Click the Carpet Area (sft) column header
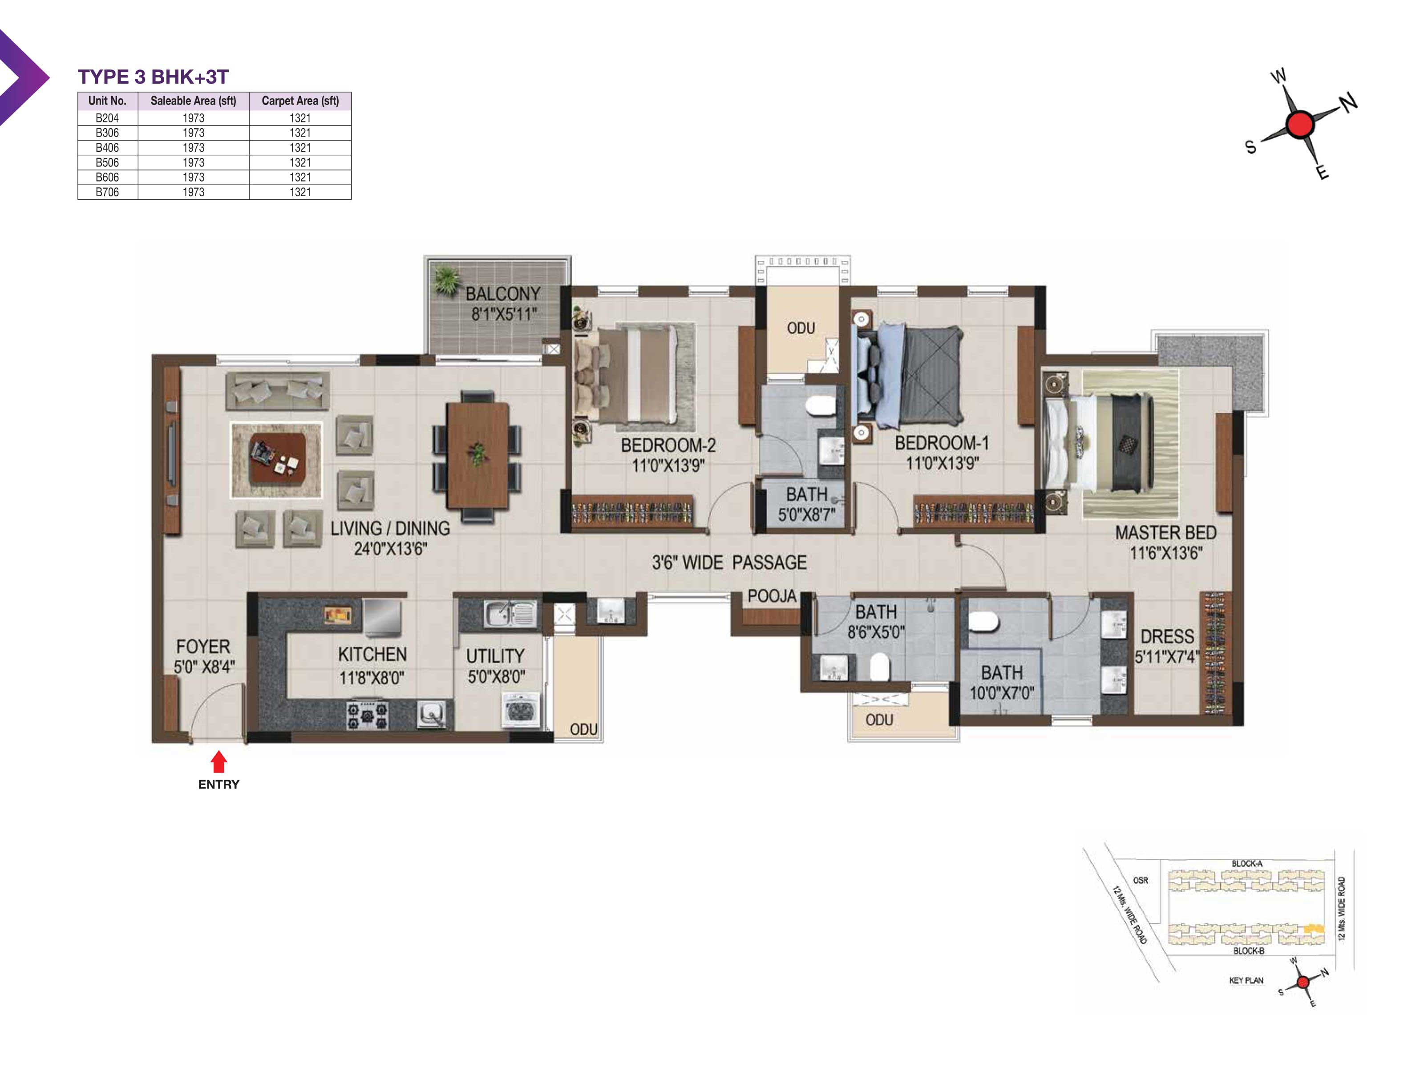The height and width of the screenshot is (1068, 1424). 300,101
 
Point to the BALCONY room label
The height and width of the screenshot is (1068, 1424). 503,294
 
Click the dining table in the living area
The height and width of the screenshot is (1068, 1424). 477,454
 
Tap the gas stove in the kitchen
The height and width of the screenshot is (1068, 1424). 368,715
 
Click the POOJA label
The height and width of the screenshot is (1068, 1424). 772,596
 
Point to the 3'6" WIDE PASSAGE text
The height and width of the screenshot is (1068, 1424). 729,562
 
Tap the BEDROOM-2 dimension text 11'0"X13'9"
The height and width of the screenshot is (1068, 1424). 668,465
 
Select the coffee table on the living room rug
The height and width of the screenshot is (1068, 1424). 278,458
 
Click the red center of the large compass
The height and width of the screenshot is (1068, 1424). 1300,124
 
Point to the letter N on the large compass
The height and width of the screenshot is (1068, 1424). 1349,102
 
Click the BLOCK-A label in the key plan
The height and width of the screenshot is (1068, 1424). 1247,863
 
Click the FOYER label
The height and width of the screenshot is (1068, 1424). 203,646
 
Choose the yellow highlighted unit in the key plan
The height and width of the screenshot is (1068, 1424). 1313,929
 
